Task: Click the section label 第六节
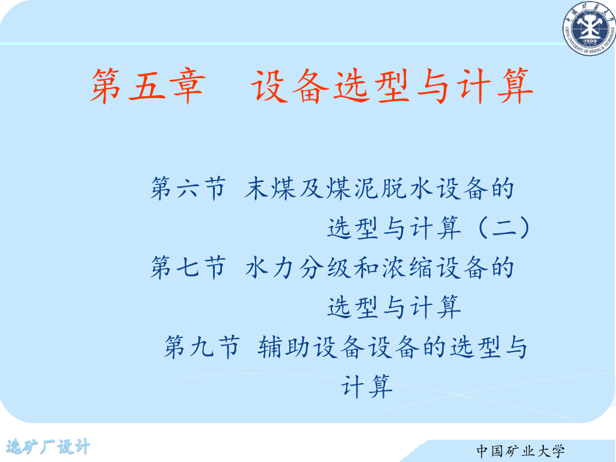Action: point(188,189)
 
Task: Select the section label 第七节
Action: point(188,268)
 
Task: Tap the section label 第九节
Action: point(202,347)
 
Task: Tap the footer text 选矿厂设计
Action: point(48,447)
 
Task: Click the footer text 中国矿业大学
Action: point(521,450)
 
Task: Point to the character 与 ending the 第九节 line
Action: point(516,347)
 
